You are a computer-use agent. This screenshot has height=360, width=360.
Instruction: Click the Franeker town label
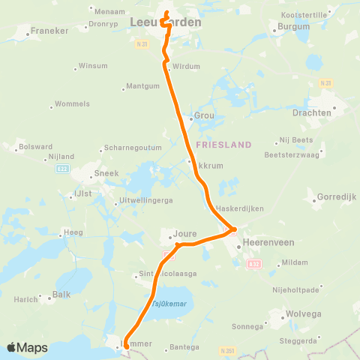point(49,32)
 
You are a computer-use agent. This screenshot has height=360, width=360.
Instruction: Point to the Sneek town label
point(104,172)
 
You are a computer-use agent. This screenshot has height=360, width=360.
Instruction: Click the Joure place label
point(185,233)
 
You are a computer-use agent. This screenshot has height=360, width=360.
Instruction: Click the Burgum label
point(294,27)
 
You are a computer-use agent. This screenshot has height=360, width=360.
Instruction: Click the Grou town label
point(204,116)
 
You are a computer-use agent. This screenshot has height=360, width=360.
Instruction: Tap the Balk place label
point(61,294)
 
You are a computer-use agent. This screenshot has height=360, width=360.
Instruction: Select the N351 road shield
point(226,350)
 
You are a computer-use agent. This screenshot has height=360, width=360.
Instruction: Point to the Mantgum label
point(143,86)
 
